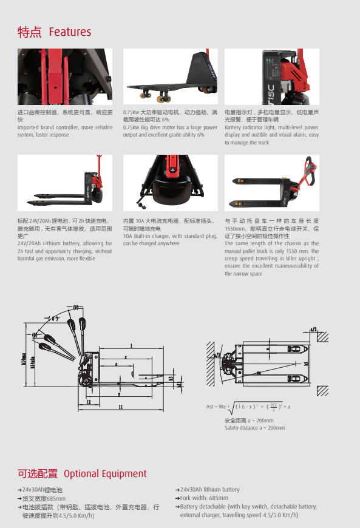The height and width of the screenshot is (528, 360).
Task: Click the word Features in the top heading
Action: pyautogui.click(x=70, y=32)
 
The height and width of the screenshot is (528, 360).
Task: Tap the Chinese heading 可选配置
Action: pyautogui.click(x=38, y=474)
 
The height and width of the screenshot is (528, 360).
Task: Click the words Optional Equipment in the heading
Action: pyautogui.click(x=105, y=474)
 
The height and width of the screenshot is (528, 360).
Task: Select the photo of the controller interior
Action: pyautogui.click(x=65, y=76)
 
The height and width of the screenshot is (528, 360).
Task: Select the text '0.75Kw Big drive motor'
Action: pyautogui.click(x=150, y=127)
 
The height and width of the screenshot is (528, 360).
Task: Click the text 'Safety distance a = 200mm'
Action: pyautogui.click(x=254, y=428)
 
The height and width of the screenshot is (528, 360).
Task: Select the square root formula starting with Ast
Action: pyautogui.click(x=248, y=406)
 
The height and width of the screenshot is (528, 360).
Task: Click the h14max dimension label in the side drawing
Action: pyautogui.click(x=24, y=360)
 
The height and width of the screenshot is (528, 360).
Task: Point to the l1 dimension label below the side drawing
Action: pyautogui.click(x=120, y=407)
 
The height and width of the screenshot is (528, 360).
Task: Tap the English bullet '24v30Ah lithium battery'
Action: pyautogui.click(x=209, y=490)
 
